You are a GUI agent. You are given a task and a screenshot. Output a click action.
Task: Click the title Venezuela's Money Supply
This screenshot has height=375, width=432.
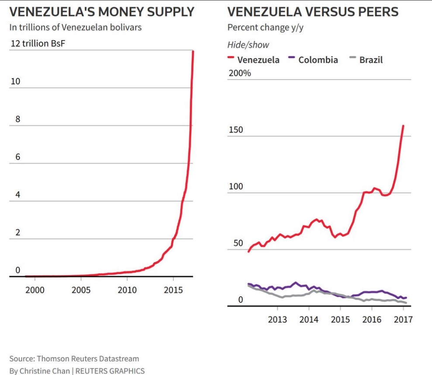click(x=102, y=12)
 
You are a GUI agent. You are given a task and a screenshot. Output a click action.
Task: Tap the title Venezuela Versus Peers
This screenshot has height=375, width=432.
click(x=313, y=12)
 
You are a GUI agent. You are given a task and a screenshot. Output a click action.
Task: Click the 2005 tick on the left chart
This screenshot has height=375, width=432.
click(x=81, y=290)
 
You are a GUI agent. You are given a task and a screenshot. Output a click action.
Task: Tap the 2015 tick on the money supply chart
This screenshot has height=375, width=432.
click(x=173, y=290)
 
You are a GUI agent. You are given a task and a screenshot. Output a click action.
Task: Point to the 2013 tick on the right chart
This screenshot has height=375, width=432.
click(x=277, y=319)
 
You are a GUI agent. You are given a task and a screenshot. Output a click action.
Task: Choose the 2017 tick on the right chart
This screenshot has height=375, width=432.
click(x=403, y=319)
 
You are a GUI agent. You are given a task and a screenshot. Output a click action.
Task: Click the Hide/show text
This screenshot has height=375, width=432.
click(x=248, y=45)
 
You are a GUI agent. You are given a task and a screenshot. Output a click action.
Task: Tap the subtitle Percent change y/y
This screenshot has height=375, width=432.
click(x=265, y=28)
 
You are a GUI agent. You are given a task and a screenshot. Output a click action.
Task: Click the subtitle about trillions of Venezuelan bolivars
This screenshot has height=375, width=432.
click(x=76, y=27)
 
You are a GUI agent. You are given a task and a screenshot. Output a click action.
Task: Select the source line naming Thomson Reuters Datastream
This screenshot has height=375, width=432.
click(x=74, y=359)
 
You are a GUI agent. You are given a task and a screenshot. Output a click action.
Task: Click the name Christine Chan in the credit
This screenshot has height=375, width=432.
click(x=43, y=371)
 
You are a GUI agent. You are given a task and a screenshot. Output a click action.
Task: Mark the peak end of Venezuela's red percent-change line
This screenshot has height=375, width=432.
click(x=403, y=126)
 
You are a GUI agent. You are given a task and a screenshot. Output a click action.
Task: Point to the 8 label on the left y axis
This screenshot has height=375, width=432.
click(x=18, y=119)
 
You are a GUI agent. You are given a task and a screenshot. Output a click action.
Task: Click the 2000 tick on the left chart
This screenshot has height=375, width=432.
click(x=35, y=290)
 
